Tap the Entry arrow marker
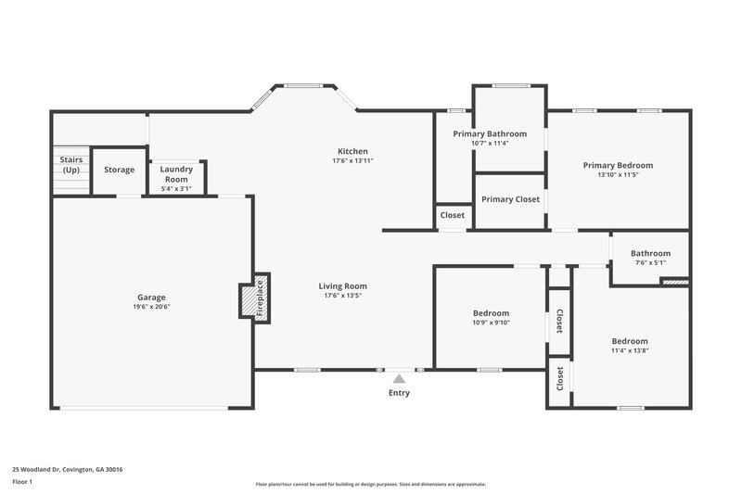pos(399,378)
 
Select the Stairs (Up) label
pos(71,165)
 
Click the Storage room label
pos(119,170)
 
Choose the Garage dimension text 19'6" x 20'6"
pos(152,307)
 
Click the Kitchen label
pos(352,151)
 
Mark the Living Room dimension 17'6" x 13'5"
pos(343,296)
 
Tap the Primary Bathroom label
pos(490,133)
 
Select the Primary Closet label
pos(510,199)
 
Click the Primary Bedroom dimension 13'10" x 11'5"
pos(618,174)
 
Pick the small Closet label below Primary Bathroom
pos(453,215)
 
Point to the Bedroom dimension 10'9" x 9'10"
pos(492,323)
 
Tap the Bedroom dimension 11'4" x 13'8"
pos(630,350)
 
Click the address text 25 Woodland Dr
pos(67,469)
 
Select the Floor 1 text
pos(23,482)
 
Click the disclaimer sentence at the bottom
pos(370,484)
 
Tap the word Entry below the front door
pos(399,393)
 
